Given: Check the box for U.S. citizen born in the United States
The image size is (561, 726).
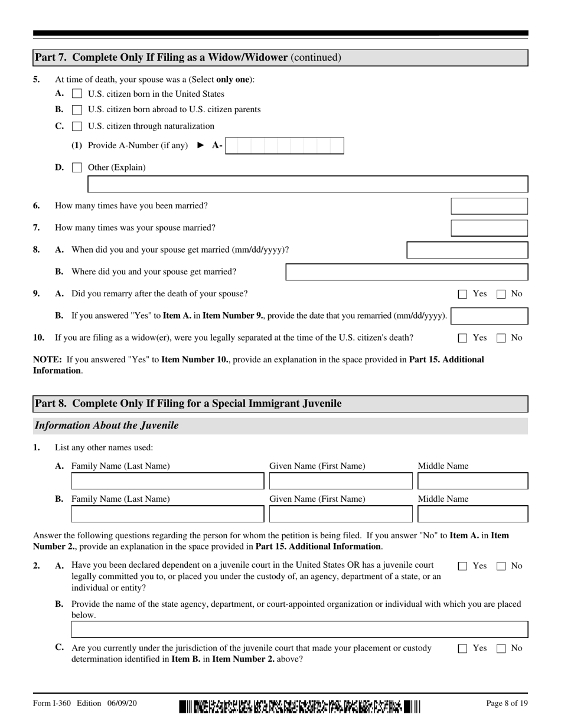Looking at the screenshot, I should [x=77, y=94].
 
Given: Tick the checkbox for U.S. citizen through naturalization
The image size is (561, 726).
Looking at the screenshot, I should [x=77, y=126].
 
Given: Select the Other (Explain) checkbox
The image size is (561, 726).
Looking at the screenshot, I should [x=77, y=168].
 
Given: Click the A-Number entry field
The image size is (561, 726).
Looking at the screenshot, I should [x=285, y=146].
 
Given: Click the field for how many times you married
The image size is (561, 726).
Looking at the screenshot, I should [x=489, y=206].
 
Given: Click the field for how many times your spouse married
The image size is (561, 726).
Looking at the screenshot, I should [x=489, y=228].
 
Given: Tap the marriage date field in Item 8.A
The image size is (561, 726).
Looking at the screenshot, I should [x=467, y=250].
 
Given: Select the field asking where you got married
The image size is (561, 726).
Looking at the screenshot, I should [x=406, y=272].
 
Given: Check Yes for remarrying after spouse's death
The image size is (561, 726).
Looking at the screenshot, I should [x=463, y=294].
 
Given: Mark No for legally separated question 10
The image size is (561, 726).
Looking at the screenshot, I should [x=501, y=338].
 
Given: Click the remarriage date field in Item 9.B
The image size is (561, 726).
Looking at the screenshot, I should [x=489, y=316].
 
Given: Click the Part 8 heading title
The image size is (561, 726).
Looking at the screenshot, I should [x=188, y=404].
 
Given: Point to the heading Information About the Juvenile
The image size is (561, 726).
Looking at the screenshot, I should [x=107, y=426].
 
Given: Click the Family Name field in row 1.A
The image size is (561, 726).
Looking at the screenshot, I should [x=167, y=482].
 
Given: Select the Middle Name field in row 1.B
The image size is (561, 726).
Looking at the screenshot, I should [x=472, y=514].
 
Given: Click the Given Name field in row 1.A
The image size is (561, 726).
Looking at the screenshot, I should [x=341, y=482].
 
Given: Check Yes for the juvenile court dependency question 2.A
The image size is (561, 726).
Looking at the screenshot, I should [x=463, y=566].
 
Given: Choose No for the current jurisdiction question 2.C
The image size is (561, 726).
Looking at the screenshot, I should [x=501, y=649].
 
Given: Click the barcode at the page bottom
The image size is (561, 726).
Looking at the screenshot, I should [x=300, y=705].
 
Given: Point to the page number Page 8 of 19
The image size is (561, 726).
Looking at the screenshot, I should [x=507, y=703].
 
